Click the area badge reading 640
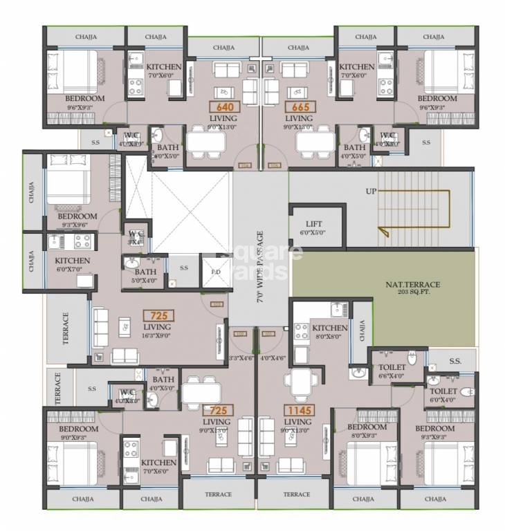coord(225,107)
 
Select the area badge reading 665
coord(300,107)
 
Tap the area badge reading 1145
coord(299,410)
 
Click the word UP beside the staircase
coord(371,191)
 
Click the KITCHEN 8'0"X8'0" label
coord(329,332)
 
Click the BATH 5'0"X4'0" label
coord(145,276)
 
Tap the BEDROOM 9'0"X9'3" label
coord(78,432)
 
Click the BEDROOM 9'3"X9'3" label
coord(435,432)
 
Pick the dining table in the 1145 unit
coord(299,382)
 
